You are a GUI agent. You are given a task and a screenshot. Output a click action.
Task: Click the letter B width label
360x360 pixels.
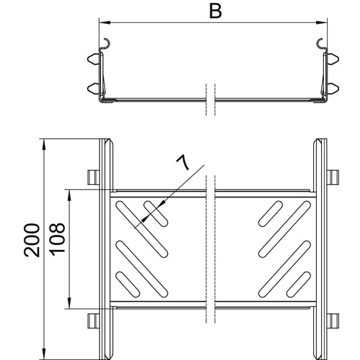[x=215, y=12]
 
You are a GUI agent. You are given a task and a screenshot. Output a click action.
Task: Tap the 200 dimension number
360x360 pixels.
[x=32, y=240]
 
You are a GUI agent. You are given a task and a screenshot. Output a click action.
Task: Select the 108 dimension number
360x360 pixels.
[x=57, y=238]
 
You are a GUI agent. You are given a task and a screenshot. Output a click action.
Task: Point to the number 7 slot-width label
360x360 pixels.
[x=183, y=162]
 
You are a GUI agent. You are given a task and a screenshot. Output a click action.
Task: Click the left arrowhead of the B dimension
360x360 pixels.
[x=104, y=23]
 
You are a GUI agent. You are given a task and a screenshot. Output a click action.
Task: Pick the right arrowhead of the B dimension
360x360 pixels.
[x=322, y=23]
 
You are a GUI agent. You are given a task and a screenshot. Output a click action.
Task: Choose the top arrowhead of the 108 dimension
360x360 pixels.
[x=69, y=195]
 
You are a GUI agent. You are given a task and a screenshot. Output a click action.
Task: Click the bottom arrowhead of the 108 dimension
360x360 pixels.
[x=69, y=302]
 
